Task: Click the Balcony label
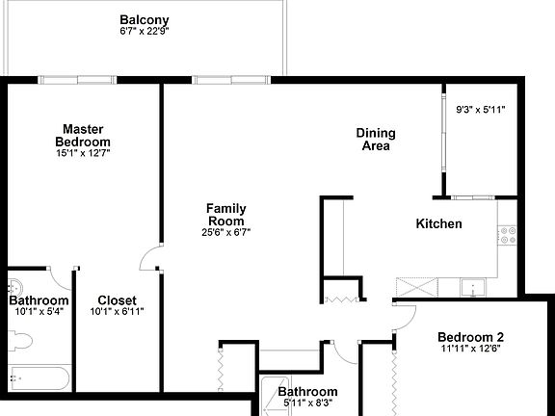point(145,20)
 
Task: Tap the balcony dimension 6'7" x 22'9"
point(145,32)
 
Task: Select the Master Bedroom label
point(83,136)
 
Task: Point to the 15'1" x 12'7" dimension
point(83,154)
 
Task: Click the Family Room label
point(226,214)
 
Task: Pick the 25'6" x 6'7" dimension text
point(226,232)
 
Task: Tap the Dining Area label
point(376,140)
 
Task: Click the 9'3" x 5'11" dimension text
point(480,110)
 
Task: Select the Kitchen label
point(438,223)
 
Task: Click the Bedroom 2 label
point(470,337)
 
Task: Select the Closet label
point(117,300)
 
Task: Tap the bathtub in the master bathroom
point(35,390)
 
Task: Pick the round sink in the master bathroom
point(15,286)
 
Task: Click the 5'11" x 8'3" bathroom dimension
point(308,404)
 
